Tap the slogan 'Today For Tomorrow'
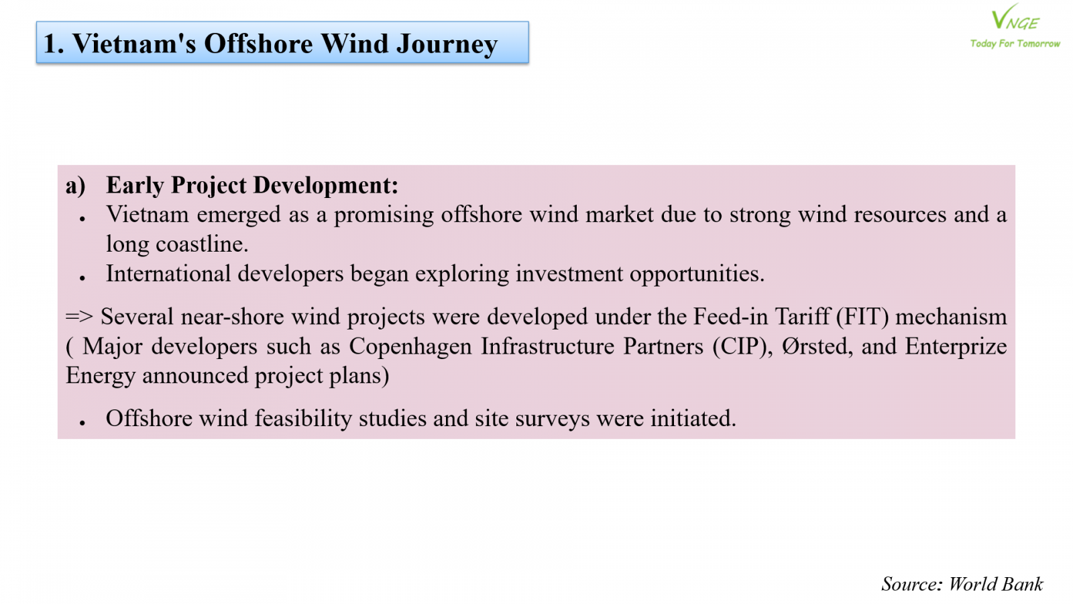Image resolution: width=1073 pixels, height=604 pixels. [1015, 44]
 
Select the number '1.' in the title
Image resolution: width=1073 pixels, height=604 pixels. [54, 44]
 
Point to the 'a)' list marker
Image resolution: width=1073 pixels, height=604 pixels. [76, 186]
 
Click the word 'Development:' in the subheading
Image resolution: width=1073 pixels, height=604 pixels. [326, 186]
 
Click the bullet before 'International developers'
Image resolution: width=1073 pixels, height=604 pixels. [82, 278]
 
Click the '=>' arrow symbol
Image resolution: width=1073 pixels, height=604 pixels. [79, 317]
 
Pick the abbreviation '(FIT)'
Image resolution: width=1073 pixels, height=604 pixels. [862, 317]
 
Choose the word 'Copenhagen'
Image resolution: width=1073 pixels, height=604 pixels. [410, 346]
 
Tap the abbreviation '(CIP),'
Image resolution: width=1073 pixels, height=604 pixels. [742, 346]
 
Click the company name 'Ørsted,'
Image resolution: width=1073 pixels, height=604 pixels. [817, 346]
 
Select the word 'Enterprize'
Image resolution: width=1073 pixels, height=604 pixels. [956, 346]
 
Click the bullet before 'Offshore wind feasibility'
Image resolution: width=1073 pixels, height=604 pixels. [82, 422]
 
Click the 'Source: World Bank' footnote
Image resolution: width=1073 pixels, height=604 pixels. [962, 585]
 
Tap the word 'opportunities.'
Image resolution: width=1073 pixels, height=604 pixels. [697, 274]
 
